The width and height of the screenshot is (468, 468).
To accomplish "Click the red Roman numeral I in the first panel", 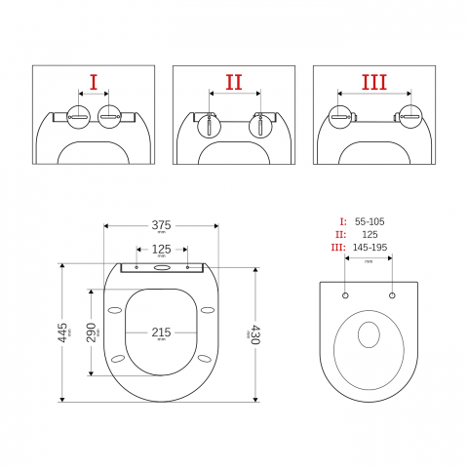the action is point(94,82).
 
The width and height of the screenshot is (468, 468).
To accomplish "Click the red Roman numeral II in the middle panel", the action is point(234,82).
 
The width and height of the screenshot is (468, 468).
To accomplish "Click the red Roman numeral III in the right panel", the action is point(374,82).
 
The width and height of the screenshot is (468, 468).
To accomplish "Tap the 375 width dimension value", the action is point(161,225).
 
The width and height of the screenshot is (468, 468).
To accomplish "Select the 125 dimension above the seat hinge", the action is point(161,250).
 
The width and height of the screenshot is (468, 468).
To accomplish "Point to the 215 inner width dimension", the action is point(161,332).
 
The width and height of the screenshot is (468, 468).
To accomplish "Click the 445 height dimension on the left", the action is point(62,332).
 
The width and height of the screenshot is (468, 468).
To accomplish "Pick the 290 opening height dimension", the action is point(91,332).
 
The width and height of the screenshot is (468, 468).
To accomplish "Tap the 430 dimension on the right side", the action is point(255,334).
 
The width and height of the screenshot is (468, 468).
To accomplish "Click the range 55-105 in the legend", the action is point(370,221).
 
